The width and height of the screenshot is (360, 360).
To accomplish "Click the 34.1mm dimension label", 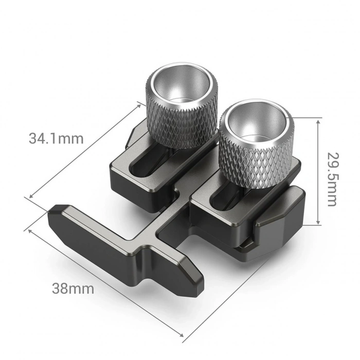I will click(x=56, y=138).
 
